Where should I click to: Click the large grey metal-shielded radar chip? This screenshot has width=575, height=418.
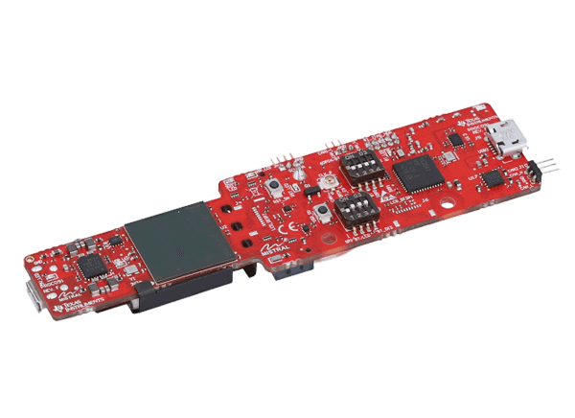(177, 242)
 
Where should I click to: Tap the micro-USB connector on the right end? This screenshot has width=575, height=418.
(502, 140)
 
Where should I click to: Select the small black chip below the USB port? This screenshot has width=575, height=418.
(493, 179)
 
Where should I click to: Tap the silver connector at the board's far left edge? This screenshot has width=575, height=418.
(32, 292)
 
